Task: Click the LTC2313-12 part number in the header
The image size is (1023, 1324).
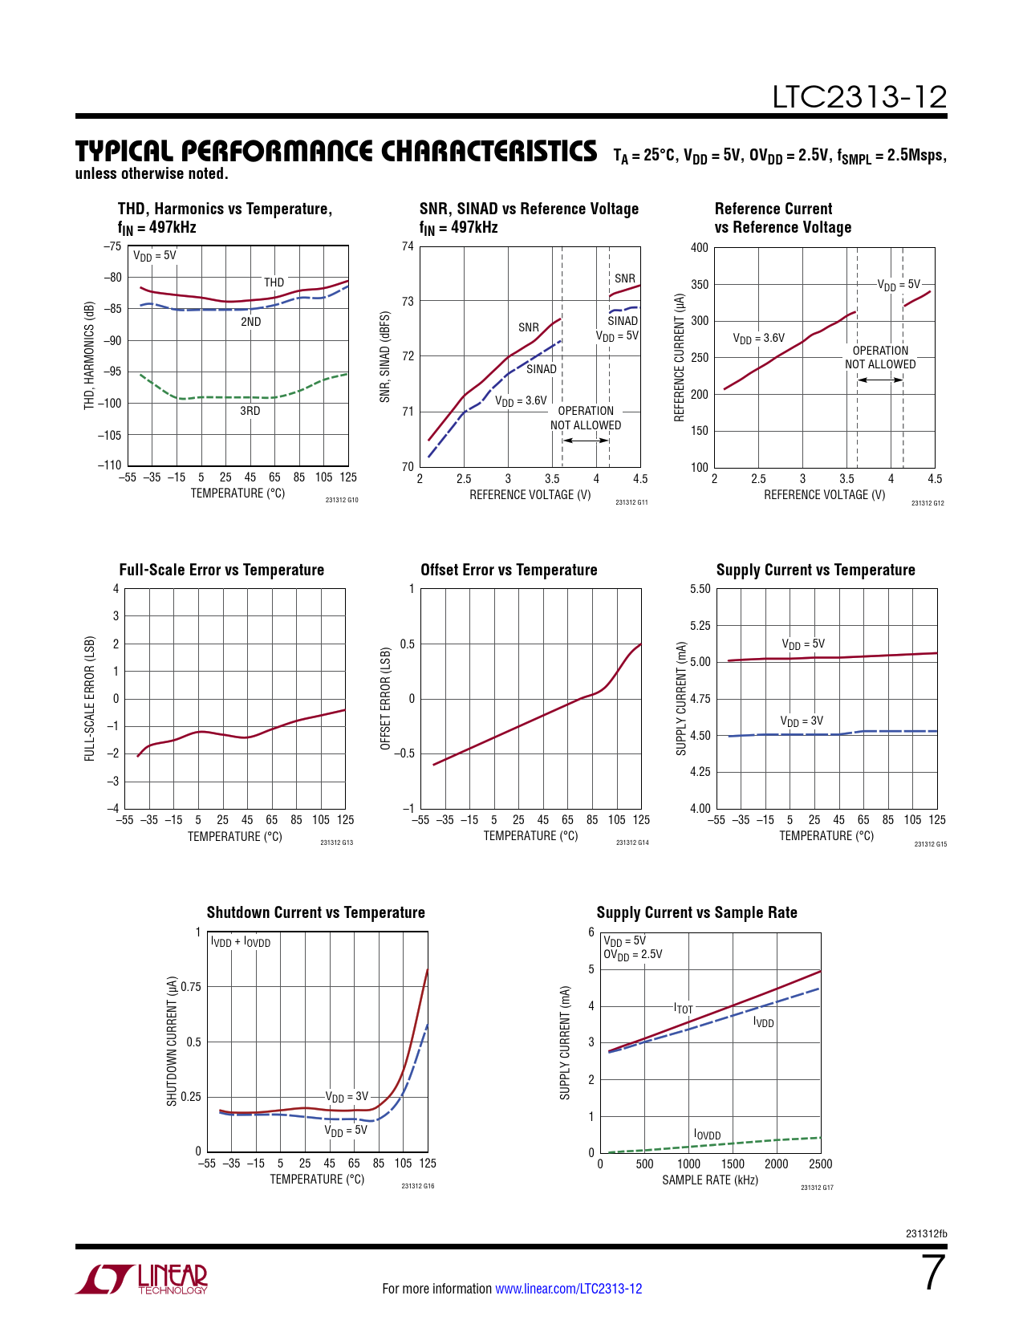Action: coord(859,97)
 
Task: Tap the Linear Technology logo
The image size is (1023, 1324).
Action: coord(142,1279)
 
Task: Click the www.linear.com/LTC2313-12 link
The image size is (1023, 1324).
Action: coord(568,1289)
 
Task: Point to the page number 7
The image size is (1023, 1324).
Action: coord(934,1273)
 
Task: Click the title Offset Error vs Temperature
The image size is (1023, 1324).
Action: coord(509,570)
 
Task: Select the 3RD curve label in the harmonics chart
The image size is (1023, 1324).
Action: coord(250,411)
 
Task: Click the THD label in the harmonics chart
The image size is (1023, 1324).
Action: coord(274,282)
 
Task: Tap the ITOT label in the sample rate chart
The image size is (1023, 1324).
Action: coord(684,1009)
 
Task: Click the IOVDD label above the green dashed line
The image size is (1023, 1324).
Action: coord(708,1135)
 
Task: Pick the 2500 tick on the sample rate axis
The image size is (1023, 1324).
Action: coord(820,1164)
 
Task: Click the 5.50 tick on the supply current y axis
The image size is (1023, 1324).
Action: coord(700,589)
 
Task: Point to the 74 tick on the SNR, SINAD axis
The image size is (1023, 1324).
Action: coord(408,246)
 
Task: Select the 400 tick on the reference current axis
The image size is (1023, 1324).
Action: coord(700,248)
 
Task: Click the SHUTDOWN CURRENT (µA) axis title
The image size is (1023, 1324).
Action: coord(172,1042)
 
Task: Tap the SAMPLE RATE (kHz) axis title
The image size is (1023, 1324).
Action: coord(710,1180)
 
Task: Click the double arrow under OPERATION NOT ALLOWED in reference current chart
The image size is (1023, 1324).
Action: coord(880,380)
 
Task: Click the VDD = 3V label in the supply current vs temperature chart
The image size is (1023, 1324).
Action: coord(802,721)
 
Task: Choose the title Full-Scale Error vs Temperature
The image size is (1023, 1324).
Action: coord(221,570)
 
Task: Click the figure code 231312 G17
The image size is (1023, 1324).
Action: coord(817,1188)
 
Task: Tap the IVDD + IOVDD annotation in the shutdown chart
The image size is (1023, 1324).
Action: coord(241,942)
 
